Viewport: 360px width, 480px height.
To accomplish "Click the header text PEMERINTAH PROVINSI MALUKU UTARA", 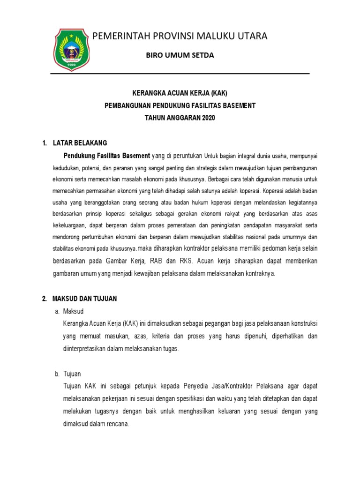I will [180, 36].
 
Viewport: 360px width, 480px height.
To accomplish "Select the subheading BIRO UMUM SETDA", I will [180, 55].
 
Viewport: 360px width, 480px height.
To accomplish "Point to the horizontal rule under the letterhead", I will [180, 74].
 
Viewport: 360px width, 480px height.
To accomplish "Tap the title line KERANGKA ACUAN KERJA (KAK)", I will [180, 93].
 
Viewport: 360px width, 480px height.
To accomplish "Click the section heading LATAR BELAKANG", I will [80, 142].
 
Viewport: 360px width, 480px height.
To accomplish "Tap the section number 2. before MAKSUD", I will [45, 298].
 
